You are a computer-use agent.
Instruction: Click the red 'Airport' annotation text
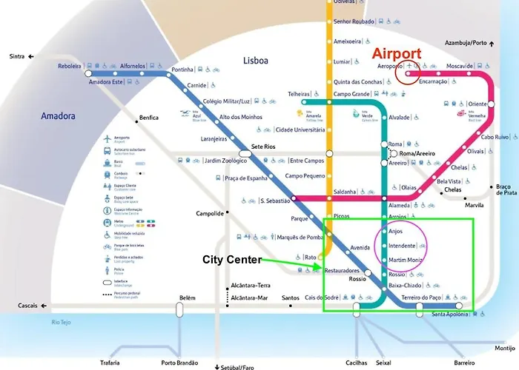point(397,54)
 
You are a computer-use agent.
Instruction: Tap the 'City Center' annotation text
point(232,260)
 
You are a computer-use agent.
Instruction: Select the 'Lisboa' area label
point(254,60)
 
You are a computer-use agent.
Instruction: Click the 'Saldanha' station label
point(345,191)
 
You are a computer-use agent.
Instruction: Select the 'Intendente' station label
point(401,244)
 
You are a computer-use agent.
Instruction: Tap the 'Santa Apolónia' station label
point(453,314)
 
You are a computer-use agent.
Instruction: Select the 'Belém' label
point(187,298)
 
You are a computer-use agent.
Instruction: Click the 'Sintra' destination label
point(16,56)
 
